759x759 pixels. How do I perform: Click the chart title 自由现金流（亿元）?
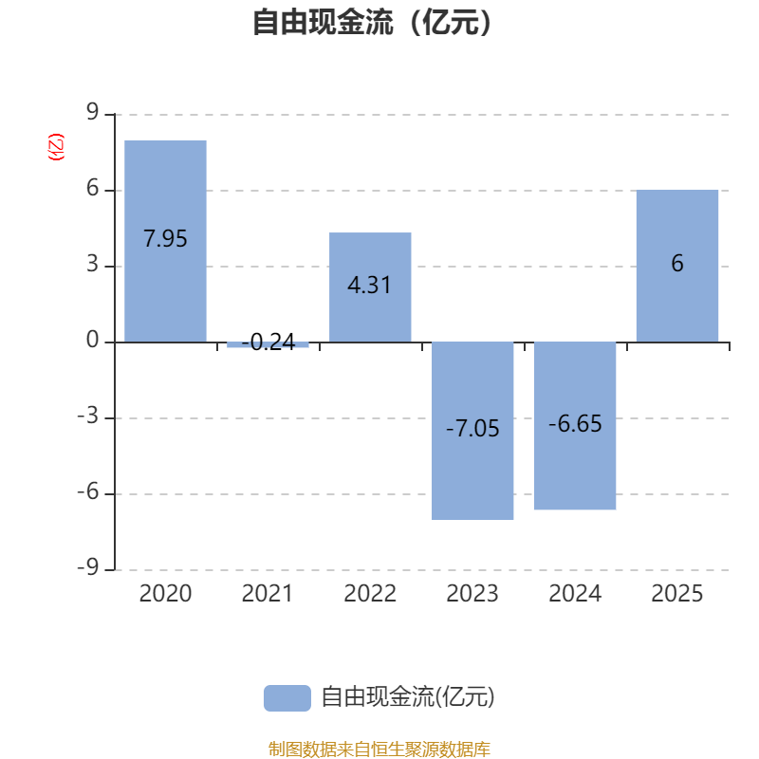[x=372, y=22]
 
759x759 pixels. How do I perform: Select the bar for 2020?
[x=165, y=241]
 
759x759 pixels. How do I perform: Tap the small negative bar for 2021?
[x=268, y=344]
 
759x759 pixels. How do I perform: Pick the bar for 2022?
[x=370, y=287]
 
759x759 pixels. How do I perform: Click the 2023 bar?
[x=472, y=431]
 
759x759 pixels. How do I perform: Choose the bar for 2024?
[x=575, y=425]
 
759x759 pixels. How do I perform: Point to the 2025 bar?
[x=677, y=266]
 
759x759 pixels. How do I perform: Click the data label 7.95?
[x=165, y=239]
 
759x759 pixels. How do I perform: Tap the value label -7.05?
[x=472, y=429]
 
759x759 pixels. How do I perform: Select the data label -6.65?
[x=575, y=423]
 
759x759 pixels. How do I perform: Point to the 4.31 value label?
[x=369, y=285]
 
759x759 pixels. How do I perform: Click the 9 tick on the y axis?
[x=92, y=112]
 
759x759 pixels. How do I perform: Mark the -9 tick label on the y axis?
[x=88, y=566]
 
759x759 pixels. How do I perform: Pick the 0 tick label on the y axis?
[x=92, y=340]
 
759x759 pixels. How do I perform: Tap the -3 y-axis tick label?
[x=88, y=416]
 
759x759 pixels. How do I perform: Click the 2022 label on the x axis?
[x=370, y=594]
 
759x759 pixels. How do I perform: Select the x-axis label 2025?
[x=677, y=594]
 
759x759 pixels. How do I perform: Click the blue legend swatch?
[x=287, y=698]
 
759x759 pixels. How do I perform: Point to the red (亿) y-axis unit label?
[x=56, y=147]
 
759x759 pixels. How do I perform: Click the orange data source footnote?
[x=379, y=749]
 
